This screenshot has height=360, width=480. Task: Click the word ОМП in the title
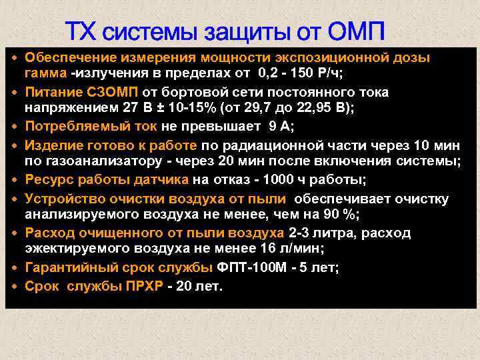coord(355,31)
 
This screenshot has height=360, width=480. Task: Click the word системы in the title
coord(149,31)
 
